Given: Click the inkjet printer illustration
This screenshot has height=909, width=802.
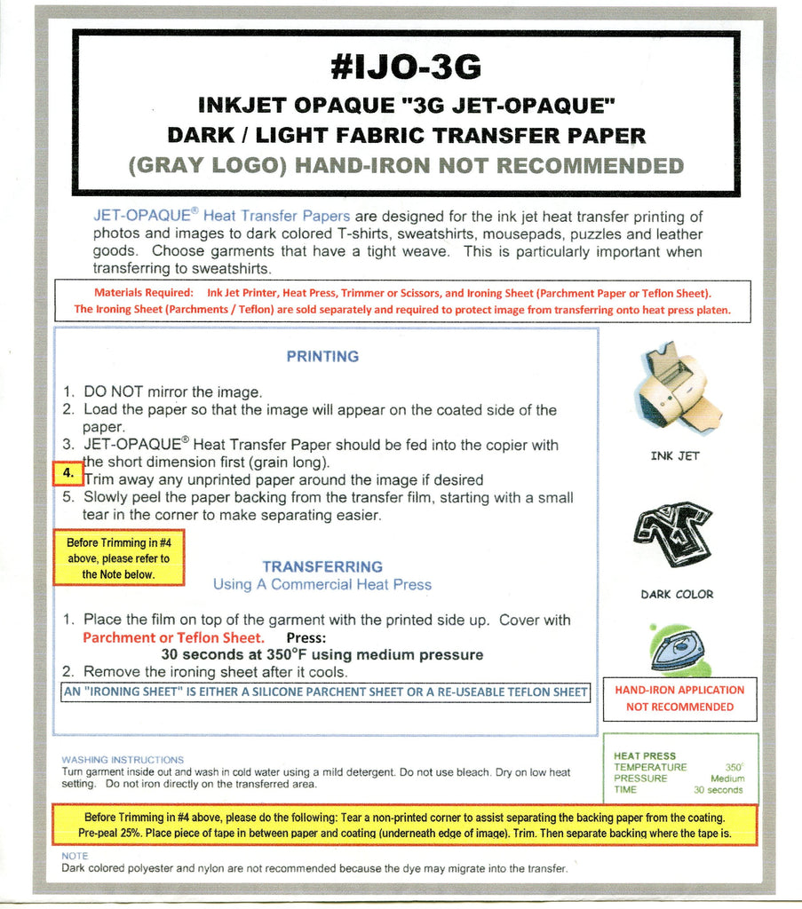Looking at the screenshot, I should (679, 390).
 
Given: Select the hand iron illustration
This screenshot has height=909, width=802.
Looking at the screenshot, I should (678, 649).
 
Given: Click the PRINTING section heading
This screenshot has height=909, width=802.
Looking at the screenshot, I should (322, 357).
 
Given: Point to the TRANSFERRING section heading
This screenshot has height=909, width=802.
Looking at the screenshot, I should (322, 566).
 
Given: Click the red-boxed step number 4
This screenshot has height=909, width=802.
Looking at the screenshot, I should (67, 474).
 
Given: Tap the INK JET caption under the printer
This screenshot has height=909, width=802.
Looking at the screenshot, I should (675, 456).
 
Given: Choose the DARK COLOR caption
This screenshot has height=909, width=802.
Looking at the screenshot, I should (677, 595).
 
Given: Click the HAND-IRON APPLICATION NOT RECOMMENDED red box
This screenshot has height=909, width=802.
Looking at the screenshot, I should (679, 699).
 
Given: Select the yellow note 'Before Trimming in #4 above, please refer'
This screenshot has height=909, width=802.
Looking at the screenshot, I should (118, 558).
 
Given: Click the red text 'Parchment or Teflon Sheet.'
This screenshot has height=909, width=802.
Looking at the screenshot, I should (173, 637).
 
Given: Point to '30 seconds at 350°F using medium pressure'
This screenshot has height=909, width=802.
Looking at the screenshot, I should (322, 655).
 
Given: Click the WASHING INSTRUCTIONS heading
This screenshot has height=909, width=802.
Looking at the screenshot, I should (123, 760).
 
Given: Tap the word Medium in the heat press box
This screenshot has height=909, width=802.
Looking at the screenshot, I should (727, 779).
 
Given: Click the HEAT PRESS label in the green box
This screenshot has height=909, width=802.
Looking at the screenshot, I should (645, 756).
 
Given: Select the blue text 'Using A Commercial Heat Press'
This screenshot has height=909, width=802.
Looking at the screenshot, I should (322, 585).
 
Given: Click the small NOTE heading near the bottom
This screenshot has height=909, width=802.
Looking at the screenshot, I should (75, 856).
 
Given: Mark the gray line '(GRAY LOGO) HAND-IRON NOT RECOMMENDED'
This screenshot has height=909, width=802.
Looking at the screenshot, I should (406, 166).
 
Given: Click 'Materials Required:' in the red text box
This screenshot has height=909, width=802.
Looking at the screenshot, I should (143, 293).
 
